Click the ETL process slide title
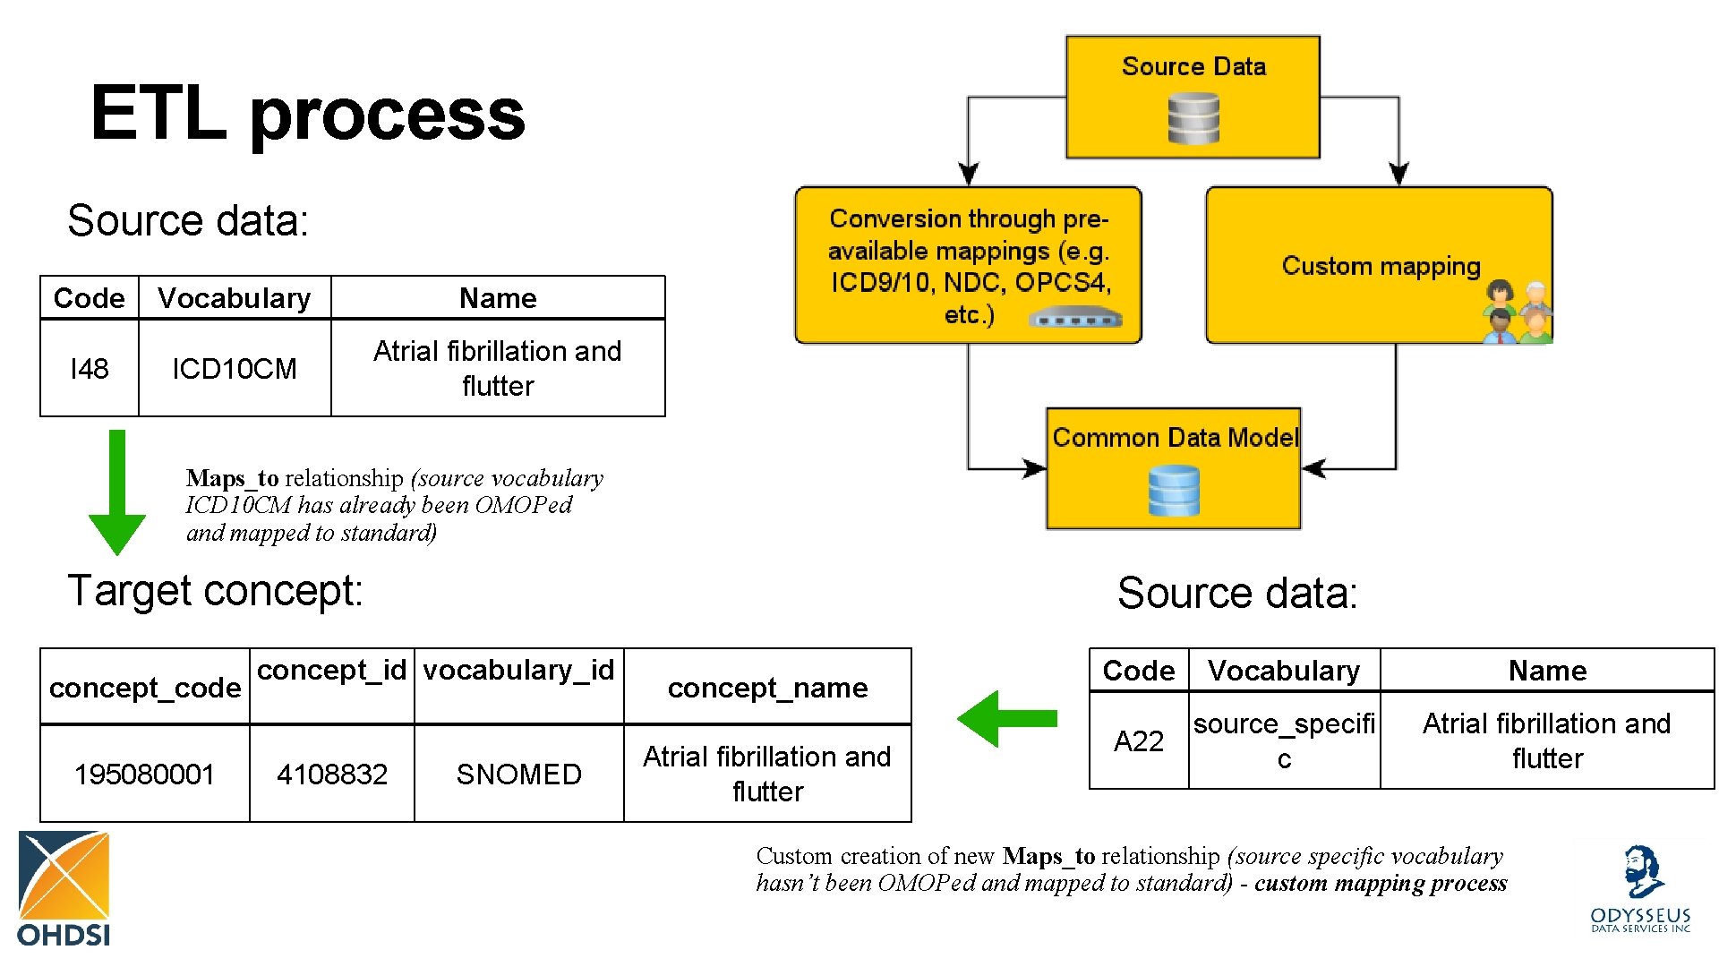pyautogui.click(x=307, y=114)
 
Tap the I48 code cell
pyautogui.click(x=90, y=368)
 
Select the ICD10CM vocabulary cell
pyautogui.click(x=234, y=368)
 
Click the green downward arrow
pyautogui.click(x=116, y=492)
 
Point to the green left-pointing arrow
pyautogui.click(x=1006, y=718)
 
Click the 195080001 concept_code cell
pyautogui.click(x=144, y=774)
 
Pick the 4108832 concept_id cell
pyautogui.click(x=331, y=774)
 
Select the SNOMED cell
pyautogui.click(x=518, y=774)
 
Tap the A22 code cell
pyautogui.click(x=1138, y=740)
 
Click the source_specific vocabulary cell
pyautogui.click(x=1284, y=740)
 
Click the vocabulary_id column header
pyautogui.click(x=518, y=670)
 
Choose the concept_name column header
pyautogui.click(x=767, y=687)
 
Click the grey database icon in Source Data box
pyautogui.click(x=1193, y=119)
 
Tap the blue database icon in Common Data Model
pyautogui.click(x=1174, y=491)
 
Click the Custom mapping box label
pyautogui.click(x=1381, y=266)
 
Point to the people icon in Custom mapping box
pyautogui.click(x=1518, y=312)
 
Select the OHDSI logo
pyautogui.click(x=64, y=888)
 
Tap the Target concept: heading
pyautogui.click(x=216, y=591)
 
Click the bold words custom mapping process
pyautogui.click(x=1381, y=883)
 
